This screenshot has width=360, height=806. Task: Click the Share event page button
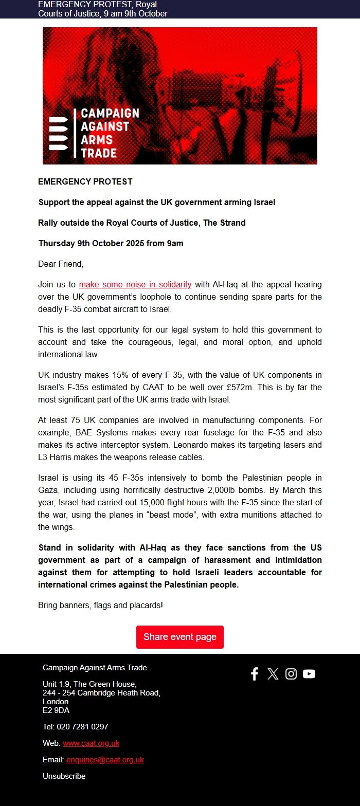[x=179, y=637]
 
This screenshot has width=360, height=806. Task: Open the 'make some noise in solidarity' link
[x=135, y=284]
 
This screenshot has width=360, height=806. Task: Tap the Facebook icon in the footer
[x=255, y=674]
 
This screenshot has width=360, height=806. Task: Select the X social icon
[x=273, y=674]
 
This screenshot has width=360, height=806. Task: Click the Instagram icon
[x=291, y=674]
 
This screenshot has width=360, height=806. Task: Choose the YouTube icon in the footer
[x=309, y=674]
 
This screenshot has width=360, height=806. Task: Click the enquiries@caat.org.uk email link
[x=105, y=760]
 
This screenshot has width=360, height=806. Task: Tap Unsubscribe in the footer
[x=64, y=776]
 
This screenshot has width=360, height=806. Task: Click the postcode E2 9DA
[x=56, y=710]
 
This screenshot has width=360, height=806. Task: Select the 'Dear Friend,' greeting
[x=61, y=264]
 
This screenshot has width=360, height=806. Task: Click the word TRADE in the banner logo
[x=99, y=152]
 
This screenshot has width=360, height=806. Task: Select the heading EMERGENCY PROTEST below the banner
[x=85, y=181]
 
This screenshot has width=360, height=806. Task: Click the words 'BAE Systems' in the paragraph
[x=92, y=432]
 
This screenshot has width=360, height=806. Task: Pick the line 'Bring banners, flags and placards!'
[x=100, y=606]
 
